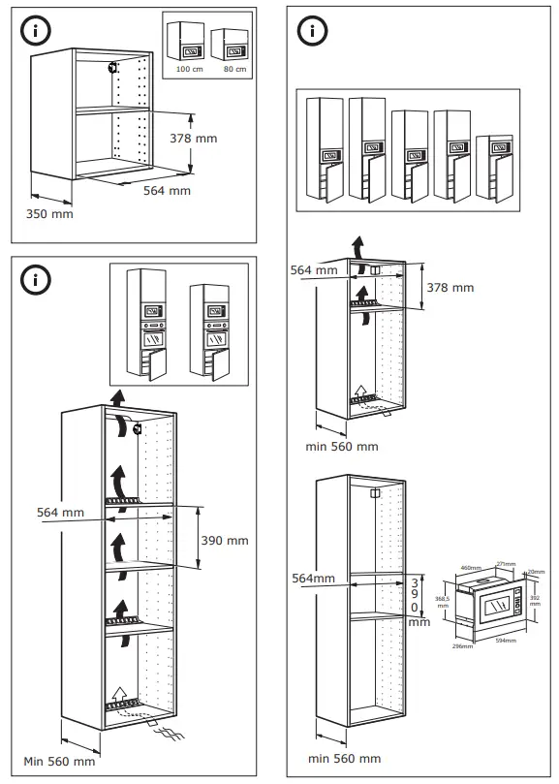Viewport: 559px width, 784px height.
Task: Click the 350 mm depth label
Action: (x=48, y=212)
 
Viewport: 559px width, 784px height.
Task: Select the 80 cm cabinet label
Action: (x=234, y=70)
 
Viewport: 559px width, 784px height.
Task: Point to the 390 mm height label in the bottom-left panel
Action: (x=224, y=540)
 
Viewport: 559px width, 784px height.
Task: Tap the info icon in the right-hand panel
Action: (x=311, y=30)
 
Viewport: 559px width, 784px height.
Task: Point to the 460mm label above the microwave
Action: (x=471, y=568)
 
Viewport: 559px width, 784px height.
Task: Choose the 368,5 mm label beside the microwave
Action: (x=442, y=603)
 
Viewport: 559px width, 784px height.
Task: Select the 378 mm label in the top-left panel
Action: (x=193, y=139)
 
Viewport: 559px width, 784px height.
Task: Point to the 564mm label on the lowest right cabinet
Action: (x=313, y=578)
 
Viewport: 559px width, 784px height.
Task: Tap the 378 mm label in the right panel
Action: (x=450, y=287)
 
